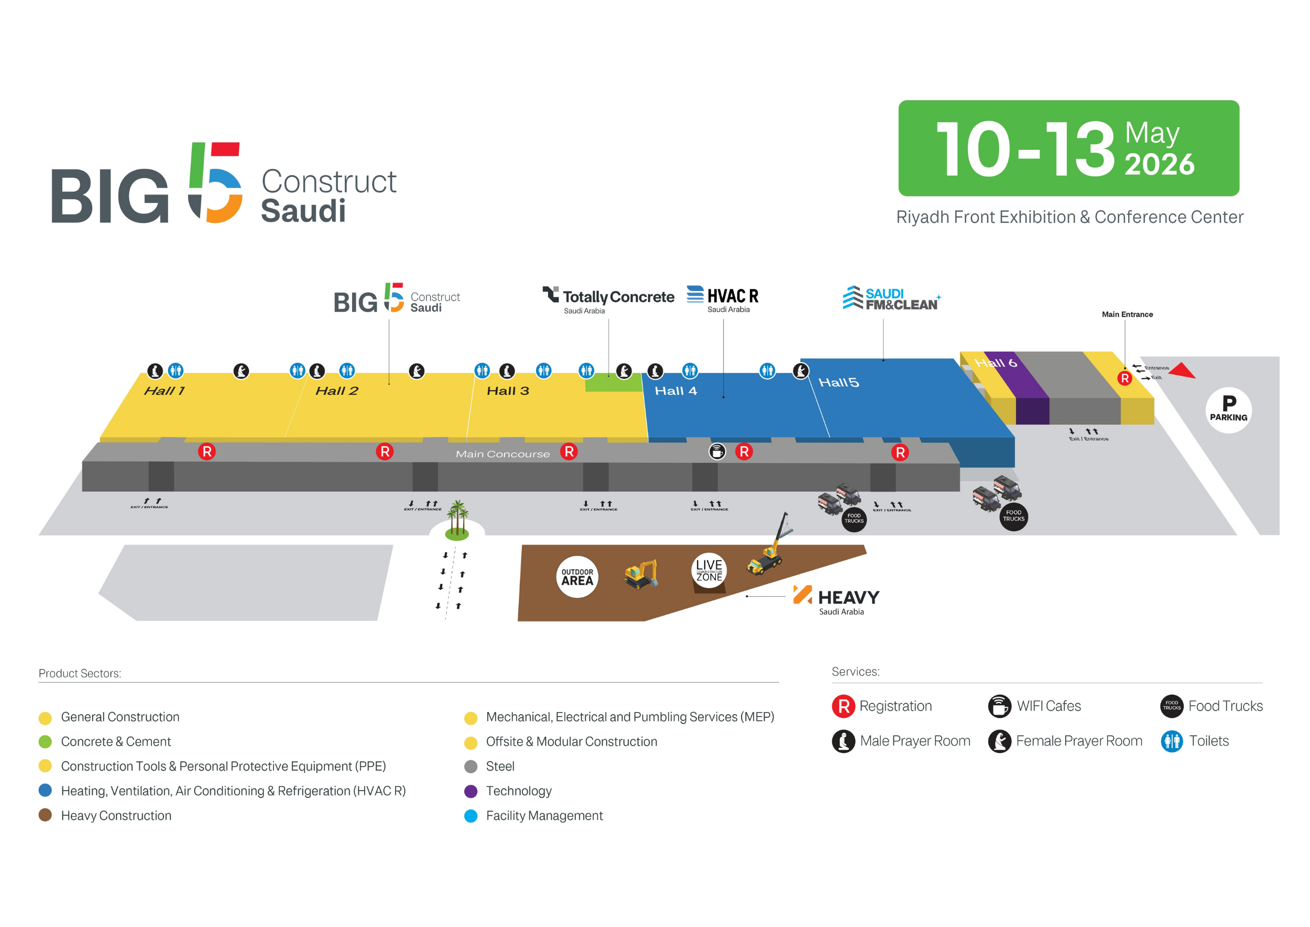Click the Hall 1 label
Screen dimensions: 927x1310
coord(165,391)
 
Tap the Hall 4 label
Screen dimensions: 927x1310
coord(675,391)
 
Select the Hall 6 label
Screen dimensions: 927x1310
coord(996,363)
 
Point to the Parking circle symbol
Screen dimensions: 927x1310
coord(1228,409)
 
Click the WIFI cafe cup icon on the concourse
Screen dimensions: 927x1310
coord(717,451)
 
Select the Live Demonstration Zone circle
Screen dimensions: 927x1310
coord(709,569)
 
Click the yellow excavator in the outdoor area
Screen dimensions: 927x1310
coord(641,574)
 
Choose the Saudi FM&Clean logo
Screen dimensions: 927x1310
coord(891,298)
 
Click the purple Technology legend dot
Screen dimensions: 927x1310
coord(471,791)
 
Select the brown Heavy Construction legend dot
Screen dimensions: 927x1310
coord(45,815)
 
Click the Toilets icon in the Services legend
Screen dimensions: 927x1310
coord(1172,741)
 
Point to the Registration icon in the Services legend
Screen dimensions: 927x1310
coord(843,706)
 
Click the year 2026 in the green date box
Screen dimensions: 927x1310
coord(1160,165)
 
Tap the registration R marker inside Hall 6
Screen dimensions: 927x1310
coord(1125,378)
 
